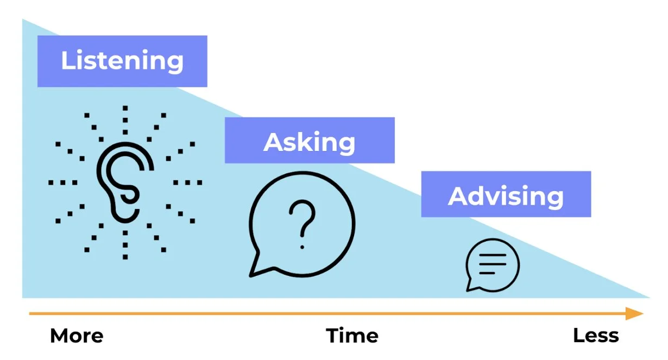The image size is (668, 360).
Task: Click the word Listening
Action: point(122,61)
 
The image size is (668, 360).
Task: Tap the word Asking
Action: point(310,142)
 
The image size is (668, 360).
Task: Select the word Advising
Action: point(506,195)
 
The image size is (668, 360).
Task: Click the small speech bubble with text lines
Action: point(492,265)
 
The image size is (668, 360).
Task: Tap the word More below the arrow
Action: point(77,336)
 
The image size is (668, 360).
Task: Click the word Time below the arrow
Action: point(352,336)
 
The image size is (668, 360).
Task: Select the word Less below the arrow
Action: point(596,336)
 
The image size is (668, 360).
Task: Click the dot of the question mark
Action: point(302,247)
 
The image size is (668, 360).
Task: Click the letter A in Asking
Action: point(274,142)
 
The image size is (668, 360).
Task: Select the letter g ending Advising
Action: point(554,198)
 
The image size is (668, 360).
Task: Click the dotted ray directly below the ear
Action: point(125,245)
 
